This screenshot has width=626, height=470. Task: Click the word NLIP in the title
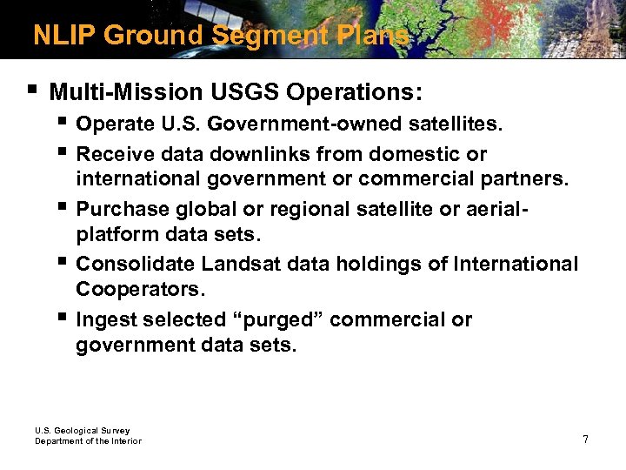click(63, 35)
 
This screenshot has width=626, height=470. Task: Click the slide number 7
click(585, 439)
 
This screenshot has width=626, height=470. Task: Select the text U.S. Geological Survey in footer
click(82, 430)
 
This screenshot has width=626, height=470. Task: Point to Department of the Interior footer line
click(88, 441)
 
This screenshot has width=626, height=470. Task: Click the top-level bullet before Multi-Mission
click(32, 90)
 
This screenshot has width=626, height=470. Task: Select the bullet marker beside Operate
click(63, 123)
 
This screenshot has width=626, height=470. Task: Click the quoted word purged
click(282, 319)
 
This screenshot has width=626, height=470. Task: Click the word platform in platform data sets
click(111, 235)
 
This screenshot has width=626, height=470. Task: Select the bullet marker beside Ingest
click(63, 317)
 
